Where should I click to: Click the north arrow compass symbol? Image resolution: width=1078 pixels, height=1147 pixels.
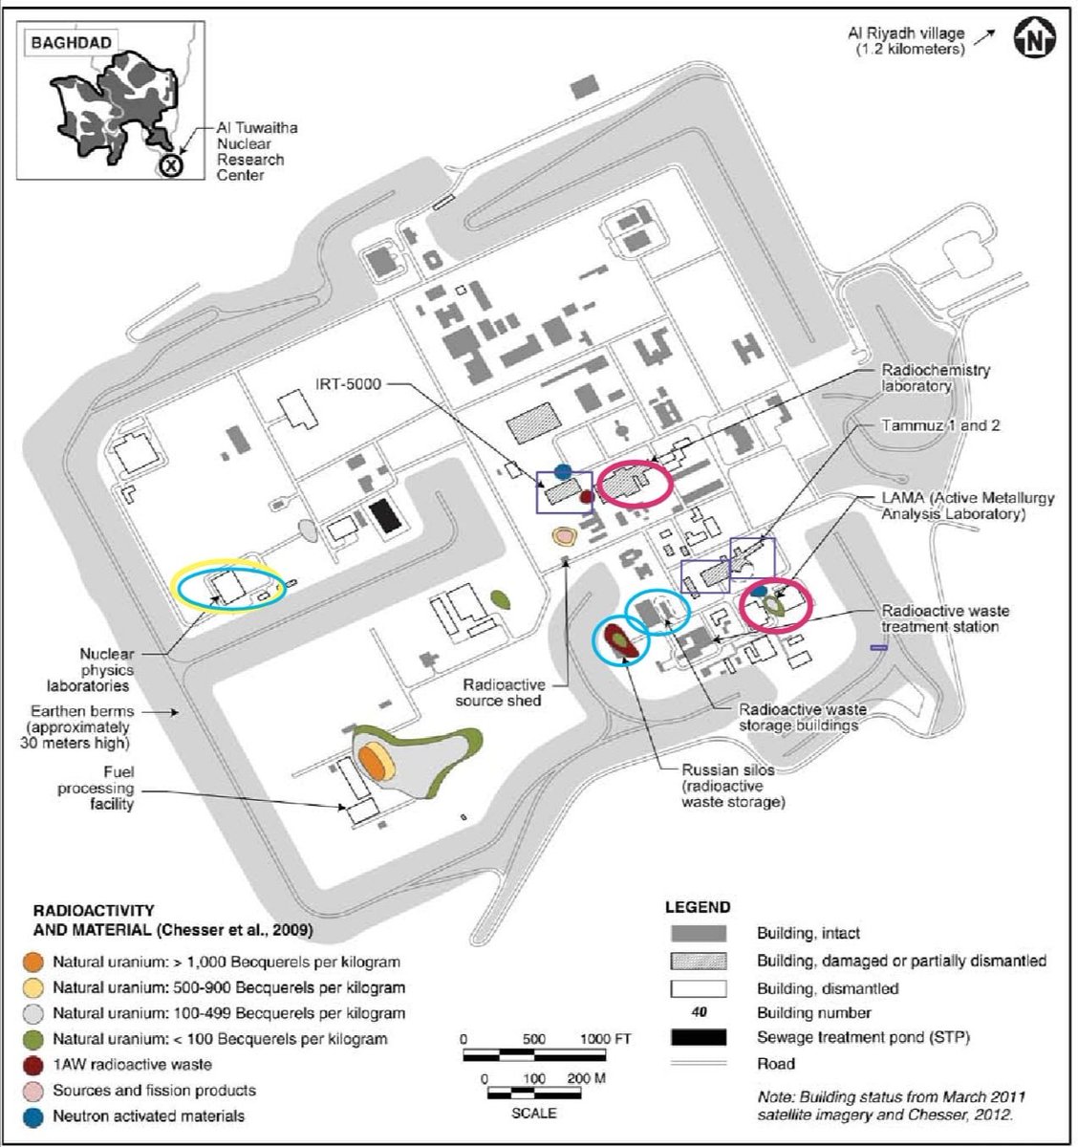(1035, 37)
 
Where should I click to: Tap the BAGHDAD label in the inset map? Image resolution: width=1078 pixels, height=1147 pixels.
(71, 43)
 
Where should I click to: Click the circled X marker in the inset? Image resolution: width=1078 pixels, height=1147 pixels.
(170, 165)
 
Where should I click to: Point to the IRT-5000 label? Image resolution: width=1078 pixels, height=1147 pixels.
(349, 384)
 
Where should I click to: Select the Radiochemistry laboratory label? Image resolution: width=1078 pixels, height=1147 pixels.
(936, 378)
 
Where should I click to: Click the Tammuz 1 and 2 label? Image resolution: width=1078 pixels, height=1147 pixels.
(940, 425)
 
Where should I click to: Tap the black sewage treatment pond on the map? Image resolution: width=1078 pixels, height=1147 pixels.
(385, 516)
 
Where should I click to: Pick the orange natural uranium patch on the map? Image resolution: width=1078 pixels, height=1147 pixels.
(372, 762)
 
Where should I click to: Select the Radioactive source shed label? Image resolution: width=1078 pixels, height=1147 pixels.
(501, 692)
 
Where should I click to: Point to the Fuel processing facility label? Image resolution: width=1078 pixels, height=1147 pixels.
(96, 788)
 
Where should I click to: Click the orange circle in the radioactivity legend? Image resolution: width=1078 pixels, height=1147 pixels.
(33, 963)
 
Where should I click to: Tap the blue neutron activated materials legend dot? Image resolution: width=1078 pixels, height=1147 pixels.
(33, 1116)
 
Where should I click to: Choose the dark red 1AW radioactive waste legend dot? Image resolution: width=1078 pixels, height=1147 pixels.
(33, 1065)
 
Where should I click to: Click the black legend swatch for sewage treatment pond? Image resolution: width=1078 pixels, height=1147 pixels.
(699, 1037)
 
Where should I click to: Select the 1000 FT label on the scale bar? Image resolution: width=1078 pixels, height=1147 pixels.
(606, 1039)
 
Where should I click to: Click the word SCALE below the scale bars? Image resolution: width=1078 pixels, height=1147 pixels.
(533, 1113)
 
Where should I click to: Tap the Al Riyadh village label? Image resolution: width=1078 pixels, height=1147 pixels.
(906, 41)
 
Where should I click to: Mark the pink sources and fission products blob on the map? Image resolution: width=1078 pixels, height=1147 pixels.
(564, 536)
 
